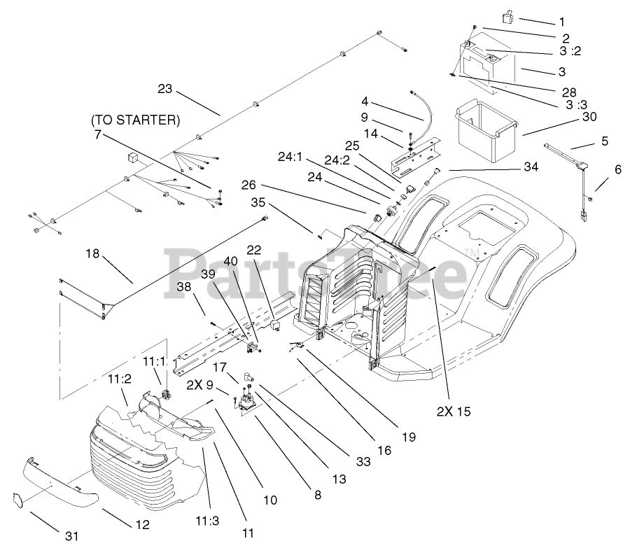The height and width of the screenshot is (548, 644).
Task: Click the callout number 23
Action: click(164, 89)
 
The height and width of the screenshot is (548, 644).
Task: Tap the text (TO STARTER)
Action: click(135, 120)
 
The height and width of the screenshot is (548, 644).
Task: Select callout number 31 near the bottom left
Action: click(72, 536)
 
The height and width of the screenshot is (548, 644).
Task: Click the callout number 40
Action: click(230, 262)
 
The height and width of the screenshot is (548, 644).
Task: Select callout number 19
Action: click(409, 437)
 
